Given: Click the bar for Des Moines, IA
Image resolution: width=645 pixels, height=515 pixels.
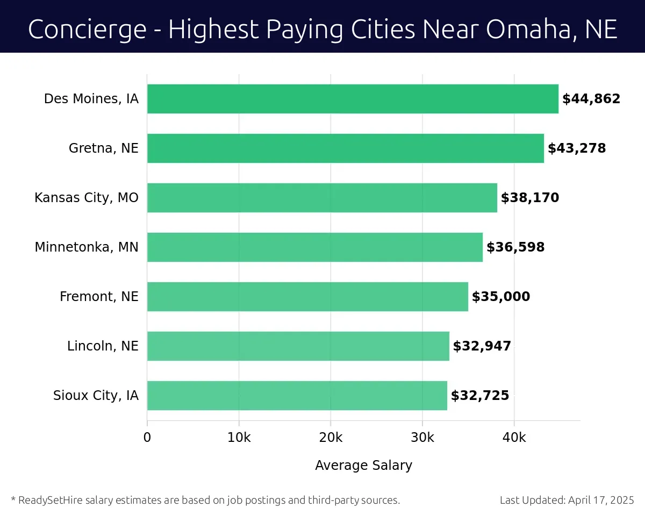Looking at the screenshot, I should [x=353, y=99].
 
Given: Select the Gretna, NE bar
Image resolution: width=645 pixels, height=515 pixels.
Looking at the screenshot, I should [x=345, y=148].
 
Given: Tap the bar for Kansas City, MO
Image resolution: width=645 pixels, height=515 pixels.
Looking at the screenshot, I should [x=322, y=198].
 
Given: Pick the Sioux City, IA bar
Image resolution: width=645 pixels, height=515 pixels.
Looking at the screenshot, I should [x=297, y=396].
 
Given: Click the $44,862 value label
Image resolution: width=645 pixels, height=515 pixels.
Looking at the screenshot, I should [x=591, y=99].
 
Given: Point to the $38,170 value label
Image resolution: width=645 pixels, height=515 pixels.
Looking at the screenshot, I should [x=530, y=198].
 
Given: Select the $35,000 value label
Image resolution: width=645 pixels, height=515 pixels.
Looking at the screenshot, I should [x=501, y=297].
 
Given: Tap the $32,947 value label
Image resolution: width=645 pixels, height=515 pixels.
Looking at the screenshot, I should [x=482, y=346].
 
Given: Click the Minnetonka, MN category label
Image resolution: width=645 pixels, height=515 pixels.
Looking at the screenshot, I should [x=87, y=247].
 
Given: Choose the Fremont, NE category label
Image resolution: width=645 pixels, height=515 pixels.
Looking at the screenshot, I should [x=99, y=297].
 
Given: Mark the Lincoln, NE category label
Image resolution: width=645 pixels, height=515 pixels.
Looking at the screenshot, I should [x=103, y=346].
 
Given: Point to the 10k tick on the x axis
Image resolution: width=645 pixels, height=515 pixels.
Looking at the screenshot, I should [x=239, y=438].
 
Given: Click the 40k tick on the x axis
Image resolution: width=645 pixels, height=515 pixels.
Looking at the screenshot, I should [x=514, y=438].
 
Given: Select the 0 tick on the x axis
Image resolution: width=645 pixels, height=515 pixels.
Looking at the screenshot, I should [x=147, y=438].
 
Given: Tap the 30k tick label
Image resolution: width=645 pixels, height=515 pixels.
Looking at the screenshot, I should [x=422, y=438].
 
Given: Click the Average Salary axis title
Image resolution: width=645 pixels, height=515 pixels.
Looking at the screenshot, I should [x=363, y=466].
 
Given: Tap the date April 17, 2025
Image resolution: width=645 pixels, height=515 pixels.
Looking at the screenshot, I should [x=601, y=500].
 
